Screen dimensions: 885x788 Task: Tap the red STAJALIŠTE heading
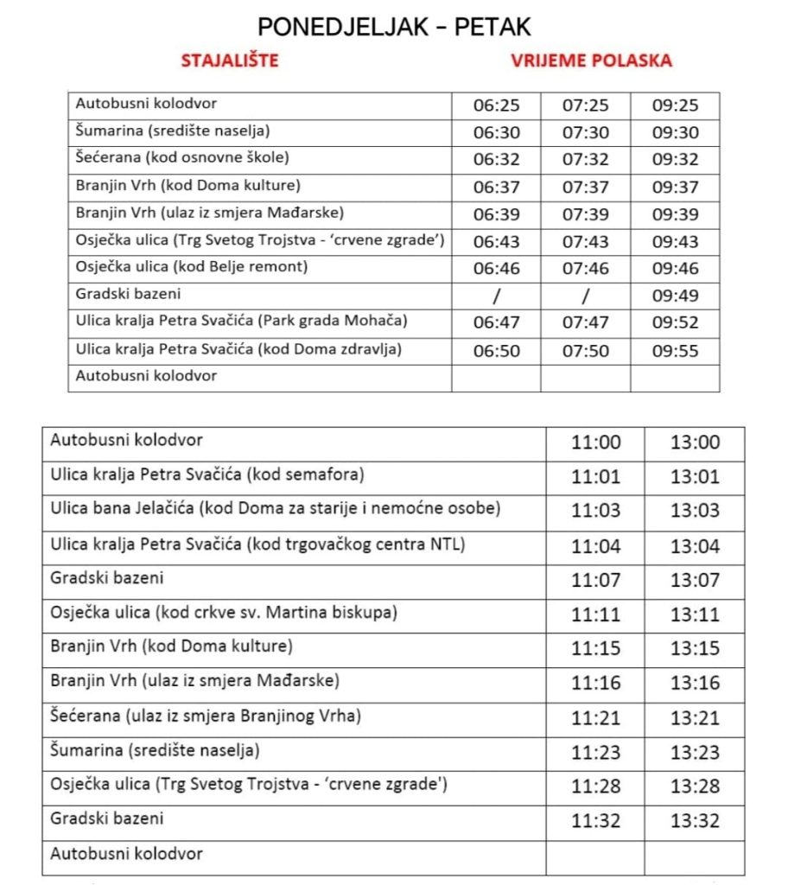(230, 60)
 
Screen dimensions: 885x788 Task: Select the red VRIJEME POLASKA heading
(591, 60)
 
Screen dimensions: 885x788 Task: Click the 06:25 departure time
(497, 105)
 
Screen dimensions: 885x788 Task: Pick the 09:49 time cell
(675, 296)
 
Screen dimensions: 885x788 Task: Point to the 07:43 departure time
(586, 241)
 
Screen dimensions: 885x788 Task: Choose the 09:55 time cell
(675, 351)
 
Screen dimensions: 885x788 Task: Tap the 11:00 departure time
(595, 442)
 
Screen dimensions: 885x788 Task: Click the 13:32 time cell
(695, 818)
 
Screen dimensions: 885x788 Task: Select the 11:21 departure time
(595, 717)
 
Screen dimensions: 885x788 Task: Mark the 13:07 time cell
(695, 579)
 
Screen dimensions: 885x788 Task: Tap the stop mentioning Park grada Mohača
(241, 322)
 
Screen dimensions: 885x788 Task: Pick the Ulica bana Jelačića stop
(276, 509)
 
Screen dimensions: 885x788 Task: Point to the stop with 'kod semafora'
(207, 474)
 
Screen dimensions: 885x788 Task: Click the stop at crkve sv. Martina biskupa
(224, 613)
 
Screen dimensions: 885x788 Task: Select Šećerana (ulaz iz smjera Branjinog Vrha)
(206, 716)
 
